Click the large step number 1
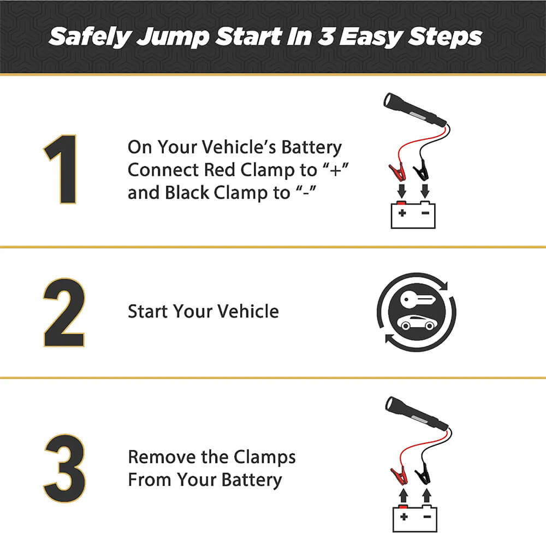click(62, 169)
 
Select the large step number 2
click(64, 312)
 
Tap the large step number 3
click(64, 462)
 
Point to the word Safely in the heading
click(87, 37)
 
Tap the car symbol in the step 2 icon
click(418, 323)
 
